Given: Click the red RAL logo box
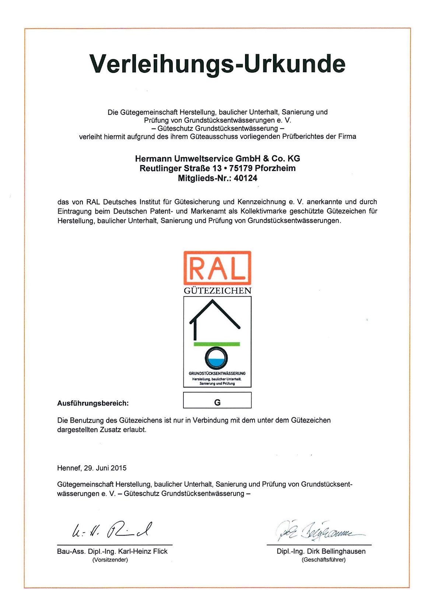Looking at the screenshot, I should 217,268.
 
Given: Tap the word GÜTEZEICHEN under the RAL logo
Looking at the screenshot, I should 217,291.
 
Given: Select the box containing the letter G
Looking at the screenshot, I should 217,400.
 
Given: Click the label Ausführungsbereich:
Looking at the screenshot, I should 93,403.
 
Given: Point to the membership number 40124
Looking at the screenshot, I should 245,178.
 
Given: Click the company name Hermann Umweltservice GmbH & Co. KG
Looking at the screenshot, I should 217,159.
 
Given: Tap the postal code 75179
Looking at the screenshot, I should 241,168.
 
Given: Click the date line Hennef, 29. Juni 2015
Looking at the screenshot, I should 92,468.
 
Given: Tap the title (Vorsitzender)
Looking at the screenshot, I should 110,560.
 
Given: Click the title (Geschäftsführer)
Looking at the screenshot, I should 323,560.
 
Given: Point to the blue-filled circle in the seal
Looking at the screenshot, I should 216,358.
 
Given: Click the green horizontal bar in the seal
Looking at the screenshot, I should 217,344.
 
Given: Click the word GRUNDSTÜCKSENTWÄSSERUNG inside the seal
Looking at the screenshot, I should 217,373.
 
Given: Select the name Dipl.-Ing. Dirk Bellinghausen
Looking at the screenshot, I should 321,551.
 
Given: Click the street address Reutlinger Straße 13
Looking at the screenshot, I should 180,168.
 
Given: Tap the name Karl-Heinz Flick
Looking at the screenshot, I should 143,551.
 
